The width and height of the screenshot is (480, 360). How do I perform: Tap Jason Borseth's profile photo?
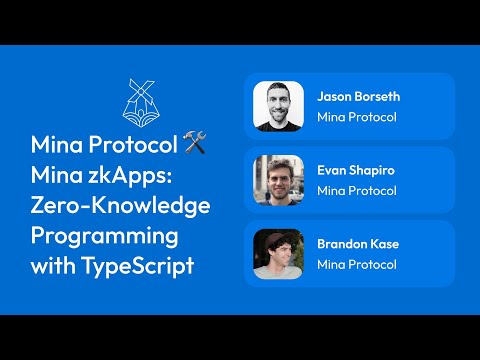278,106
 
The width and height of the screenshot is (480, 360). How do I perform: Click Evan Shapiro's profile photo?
278,180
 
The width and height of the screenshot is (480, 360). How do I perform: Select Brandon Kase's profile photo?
278,254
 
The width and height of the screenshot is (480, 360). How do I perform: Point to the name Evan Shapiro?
355,171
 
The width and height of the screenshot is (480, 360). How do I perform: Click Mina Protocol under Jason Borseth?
357,117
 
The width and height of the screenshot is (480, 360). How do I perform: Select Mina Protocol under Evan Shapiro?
357,191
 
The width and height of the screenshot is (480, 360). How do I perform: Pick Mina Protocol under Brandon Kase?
357,265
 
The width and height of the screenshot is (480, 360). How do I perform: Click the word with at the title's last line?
53,267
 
